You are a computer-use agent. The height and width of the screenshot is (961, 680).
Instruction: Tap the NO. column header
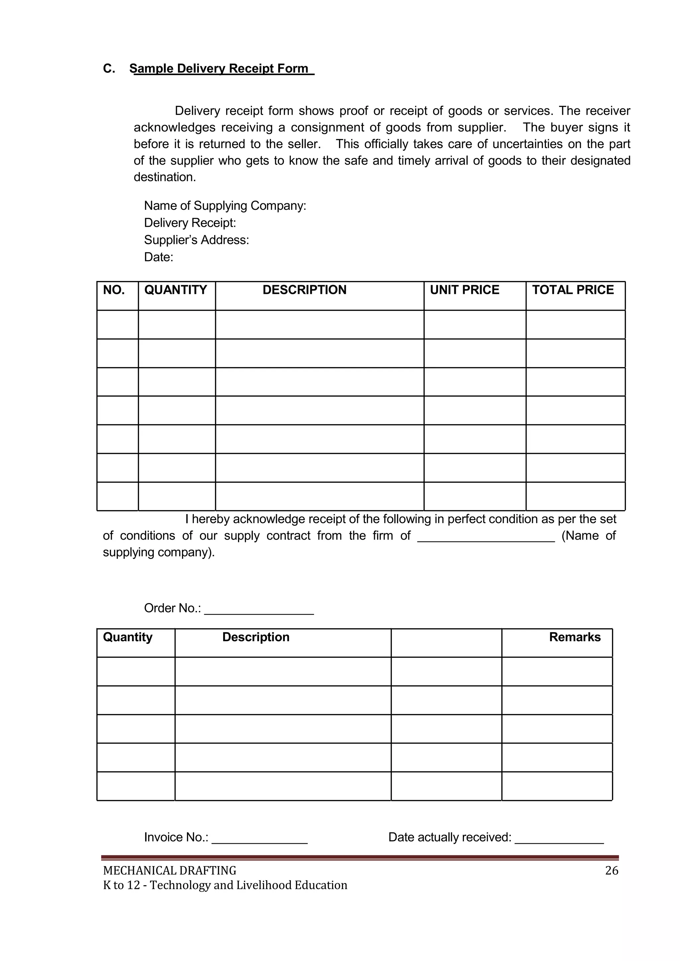pyautogui.click(x=114, y=290)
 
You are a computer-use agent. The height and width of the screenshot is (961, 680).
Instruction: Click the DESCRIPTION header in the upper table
pyautogui.click(x=304, y=290)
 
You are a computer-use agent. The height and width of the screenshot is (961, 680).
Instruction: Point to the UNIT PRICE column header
pyautogui.click(x=465, y=290)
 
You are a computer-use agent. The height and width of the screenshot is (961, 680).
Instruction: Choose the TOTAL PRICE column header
pyautogui.click(x=572, y=290)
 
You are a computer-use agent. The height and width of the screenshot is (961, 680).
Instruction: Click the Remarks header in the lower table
pyautogui.click(x=574, y=637)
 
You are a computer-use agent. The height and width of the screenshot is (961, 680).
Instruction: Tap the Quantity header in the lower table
pyautogui.click(x=128, y=637)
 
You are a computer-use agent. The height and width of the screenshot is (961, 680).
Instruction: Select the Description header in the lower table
pyautogui.click(x=256, y=637)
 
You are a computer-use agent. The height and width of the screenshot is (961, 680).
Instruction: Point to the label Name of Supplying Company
pyautogui.click(x=225, y=206)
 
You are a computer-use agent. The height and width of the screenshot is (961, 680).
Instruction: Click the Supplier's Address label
pyautogui.click(x=196, y=240)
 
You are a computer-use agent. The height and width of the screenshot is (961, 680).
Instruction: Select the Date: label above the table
pyautogui.click(x=158, y=257)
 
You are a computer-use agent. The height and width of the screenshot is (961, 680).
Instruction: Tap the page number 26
pyautogui.click(x=611, y=871)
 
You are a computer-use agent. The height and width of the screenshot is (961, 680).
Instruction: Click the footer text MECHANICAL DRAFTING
pyautogui.click(x=170, y=871)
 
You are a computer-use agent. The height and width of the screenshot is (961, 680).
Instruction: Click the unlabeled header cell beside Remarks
pyautogui.click(x=446, y=643)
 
